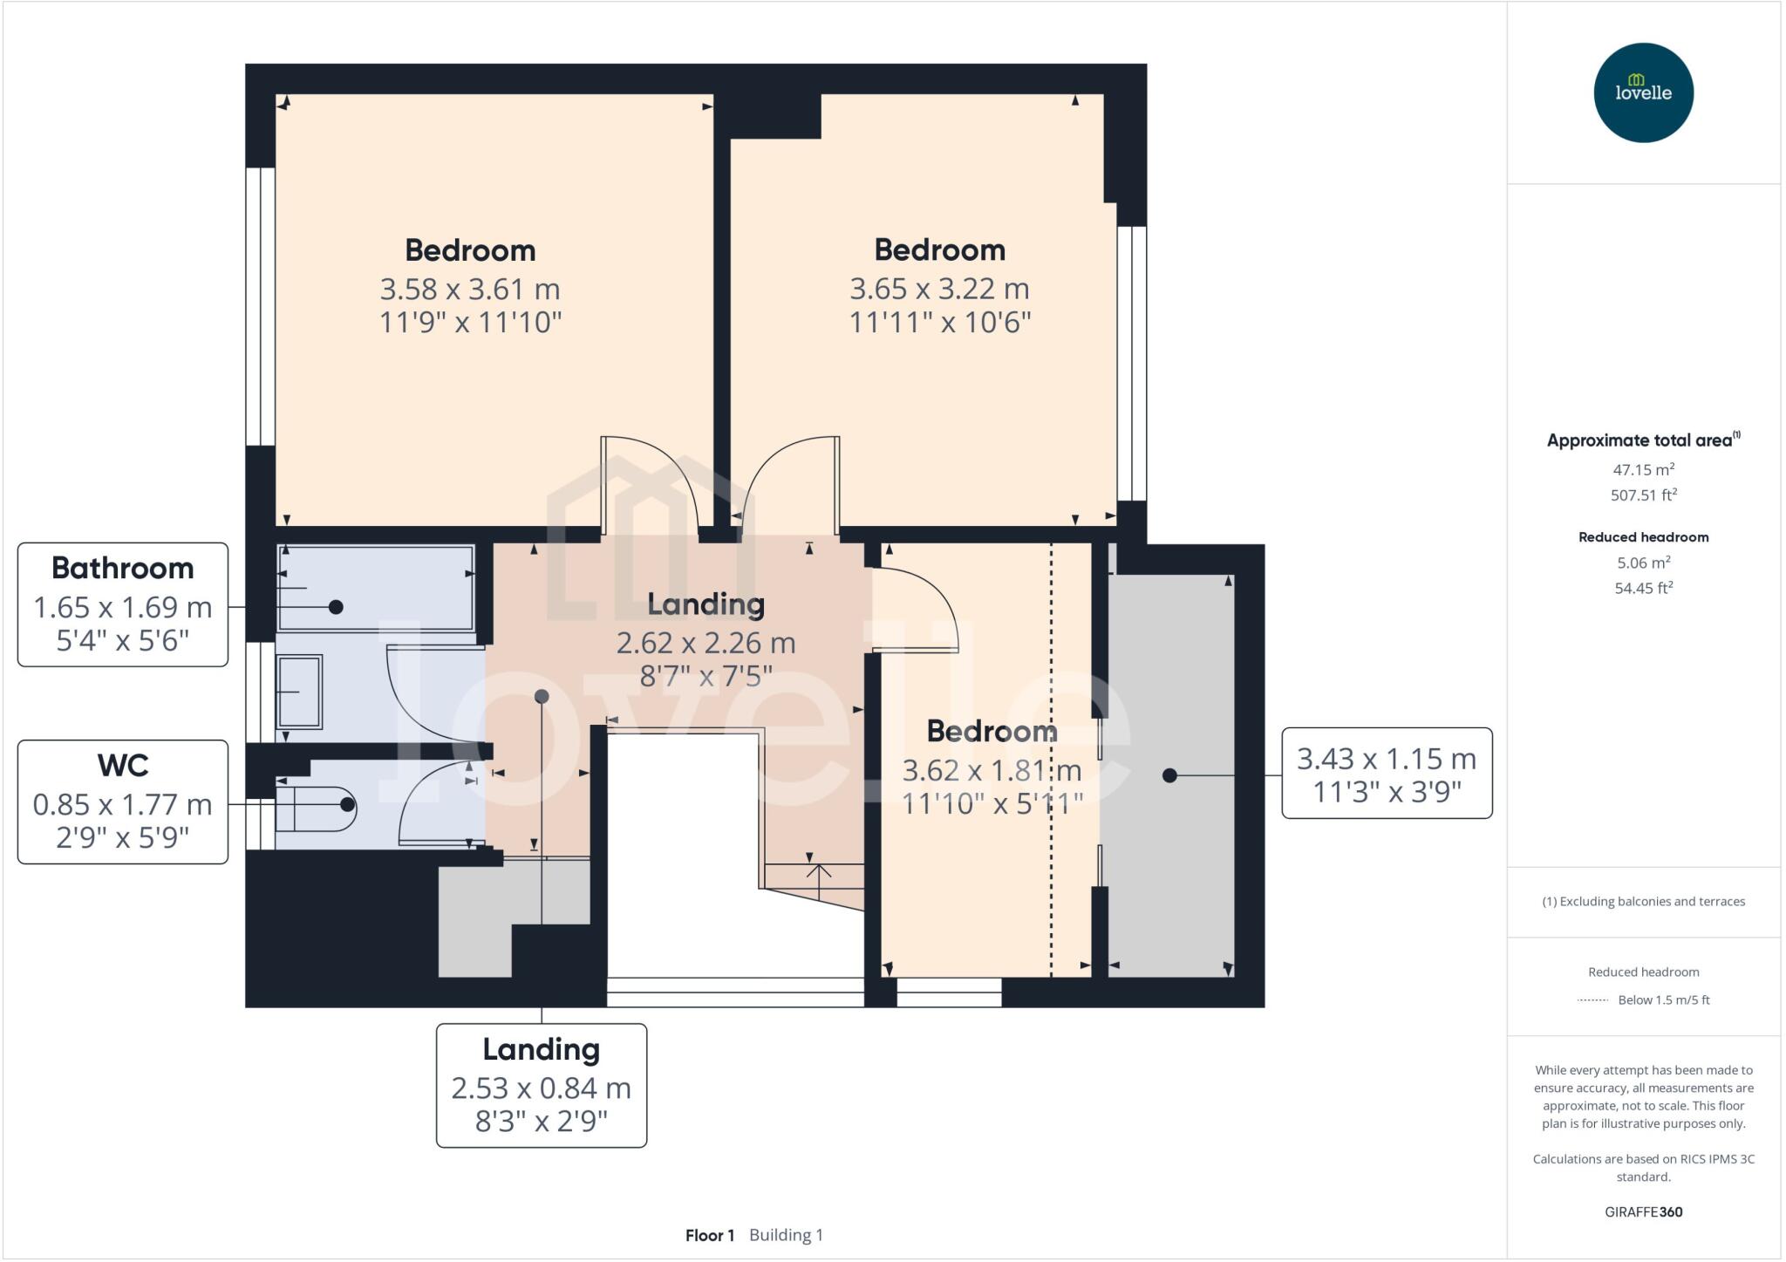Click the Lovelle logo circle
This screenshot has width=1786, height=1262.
1643,92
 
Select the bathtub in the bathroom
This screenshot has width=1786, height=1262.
376,588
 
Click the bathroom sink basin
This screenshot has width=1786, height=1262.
299,692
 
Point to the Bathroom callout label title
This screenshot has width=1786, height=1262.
123,568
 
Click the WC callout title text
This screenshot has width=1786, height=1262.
123,765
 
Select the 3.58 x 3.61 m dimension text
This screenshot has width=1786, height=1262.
470,289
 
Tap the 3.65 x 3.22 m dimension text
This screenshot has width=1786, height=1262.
939,289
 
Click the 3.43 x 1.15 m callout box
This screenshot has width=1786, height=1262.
1387,773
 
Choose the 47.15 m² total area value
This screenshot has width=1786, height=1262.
1643,469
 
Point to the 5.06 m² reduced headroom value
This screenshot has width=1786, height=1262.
1643,563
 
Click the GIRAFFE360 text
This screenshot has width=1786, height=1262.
1643,1211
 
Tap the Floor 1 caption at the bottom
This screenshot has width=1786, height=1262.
710,1235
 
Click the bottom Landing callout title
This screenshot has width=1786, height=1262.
542,1049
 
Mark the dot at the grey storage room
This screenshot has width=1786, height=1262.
1169,775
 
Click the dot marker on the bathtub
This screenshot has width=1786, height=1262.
336,607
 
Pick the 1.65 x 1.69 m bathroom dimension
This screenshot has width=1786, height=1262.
123,607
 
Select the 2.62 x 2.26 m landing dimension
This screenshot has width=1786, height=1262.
706,643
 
